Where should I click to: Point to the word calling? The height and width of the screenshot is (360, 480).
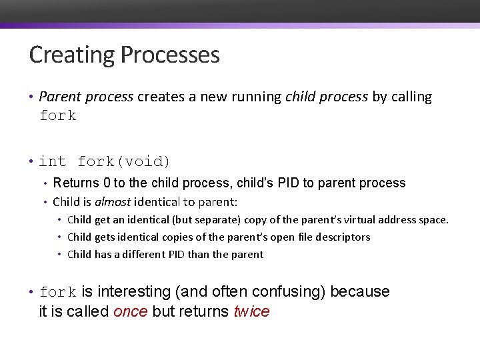(411, 97)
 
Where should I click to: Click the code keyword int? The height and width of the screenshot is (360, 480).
(53, 161)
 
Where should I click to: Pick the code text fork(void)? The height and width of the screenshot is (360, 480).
(125, 161)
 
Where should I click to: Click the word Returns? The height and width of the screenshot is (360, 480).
(75, 183)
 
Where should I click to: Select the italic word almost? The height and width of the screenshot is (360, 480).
(113, 202)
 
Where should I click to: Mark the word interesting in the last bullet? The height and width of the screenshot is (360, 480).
(134, 292)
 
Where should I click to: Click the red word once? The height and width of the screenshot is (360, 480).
(131, 312)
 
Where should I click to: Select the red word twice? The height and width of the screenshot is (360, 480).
(251, 312)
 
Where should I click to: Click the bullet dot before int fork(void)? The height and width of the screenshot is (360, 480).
(32, 162)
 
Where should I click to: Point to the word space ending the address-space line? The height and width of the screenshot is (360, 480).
(433, 220)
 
